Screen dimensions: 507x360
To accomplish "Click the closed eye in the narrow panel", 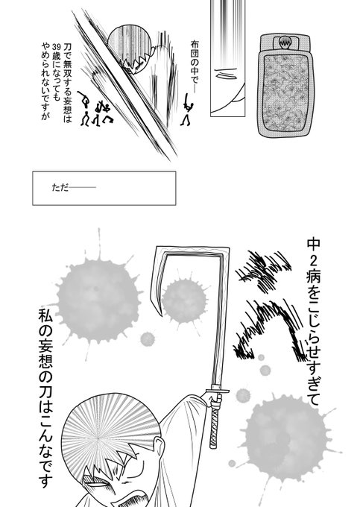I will click(x=224, y=74).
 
